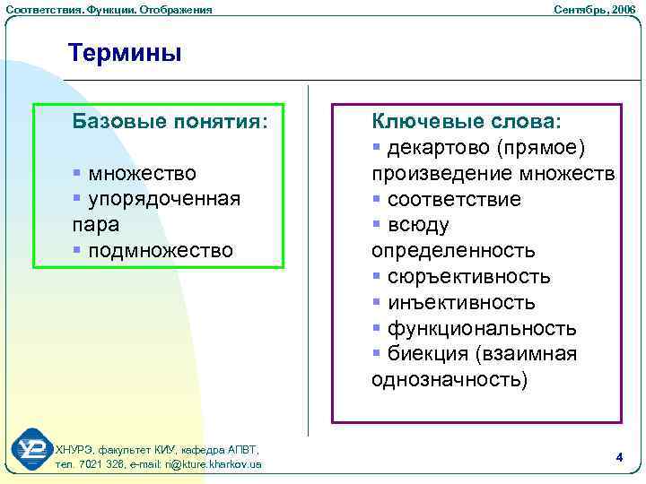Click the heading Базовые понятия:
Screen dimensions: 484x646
[170, 121]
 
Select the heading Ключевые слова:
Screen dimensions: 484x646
[465, 121]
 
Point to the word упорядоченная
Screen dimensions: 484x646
[164, 198]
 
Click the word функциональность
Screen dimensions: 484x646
[482, 329]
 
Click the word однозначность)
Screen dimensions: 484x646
[450, 380]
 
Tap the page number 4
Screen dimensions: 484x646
[619, 457]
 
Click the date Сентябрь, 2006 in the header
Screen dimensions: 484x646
[594, 9]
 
